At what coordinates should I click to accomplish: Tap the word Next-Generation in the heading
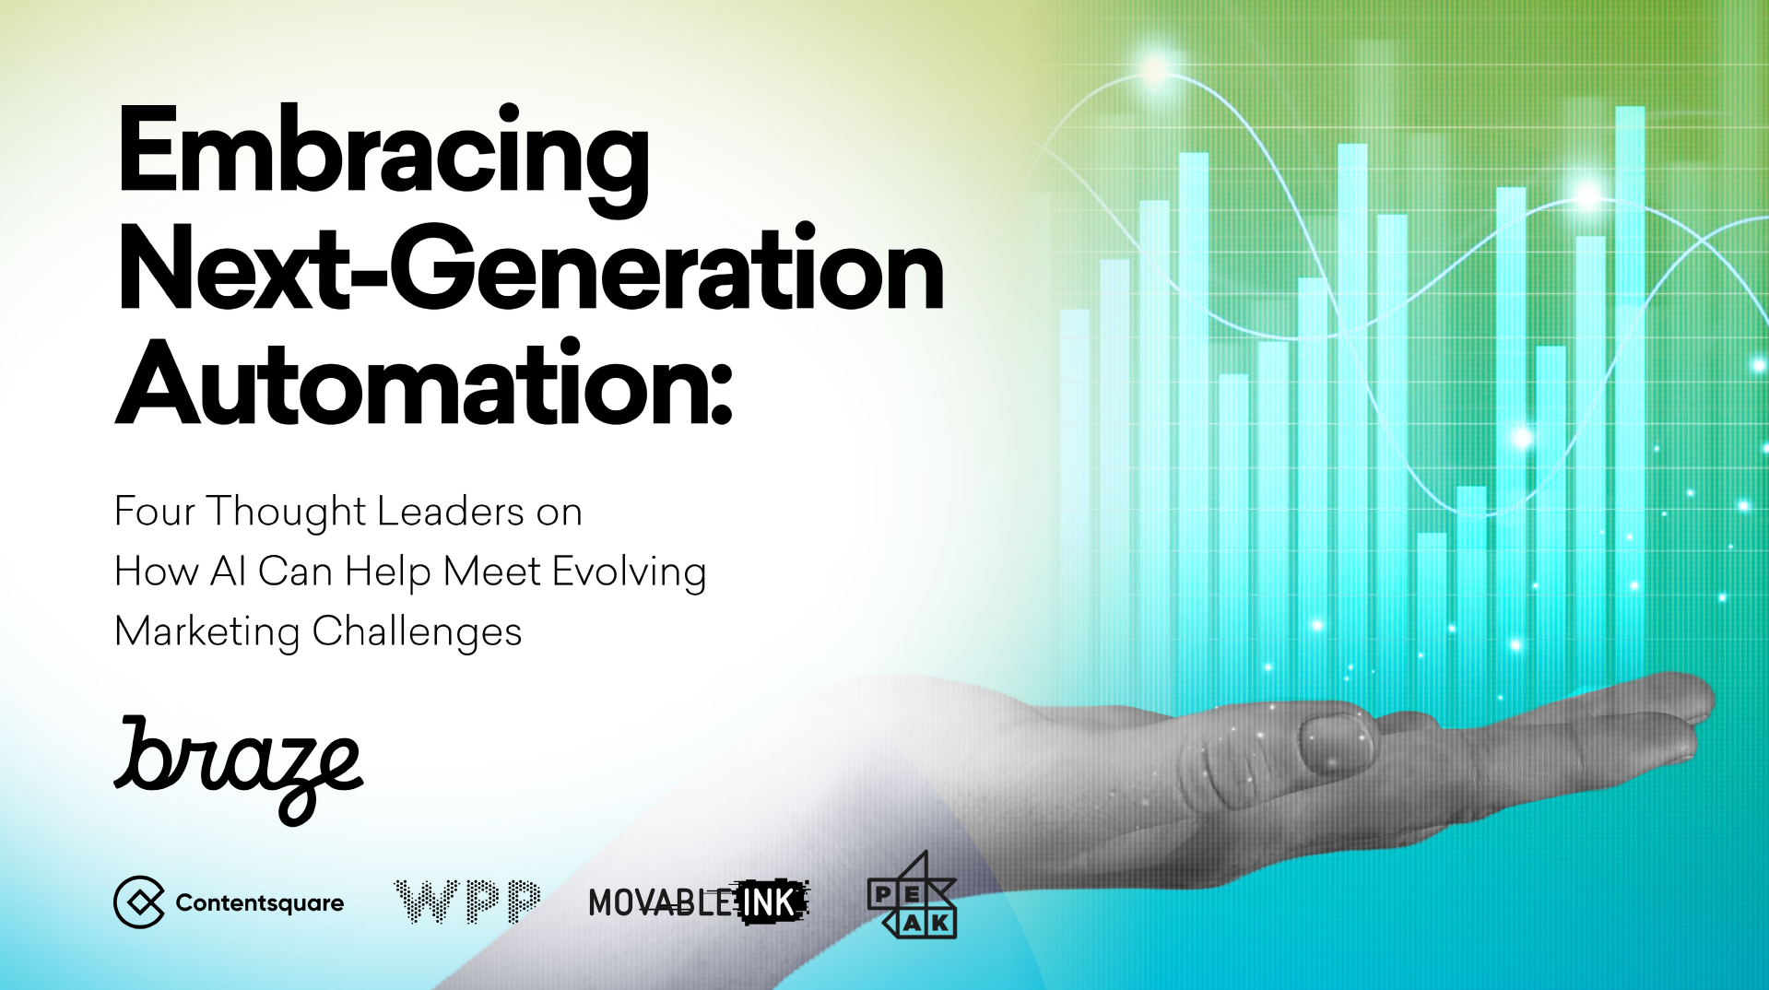[x=531, y=267]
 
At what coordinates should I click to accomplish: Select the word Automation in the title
[x=411, y=383]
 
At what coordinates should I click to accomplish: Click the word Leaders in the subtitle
[x=451, y=512]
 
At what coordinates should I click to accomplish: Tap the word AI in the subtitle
[x=228, y=572]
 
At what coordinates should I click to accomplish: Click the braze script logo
[x=239, y=770]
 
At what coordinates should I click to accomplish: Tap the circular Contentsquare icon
[x=139, y=902]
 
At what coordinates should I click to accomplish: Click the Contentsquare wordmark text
[x=260, y=903]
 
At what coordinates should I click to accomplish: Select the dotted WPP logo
[x=467, y=901]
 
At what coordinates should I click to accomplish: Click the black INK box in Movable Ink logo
[x=772, y=902]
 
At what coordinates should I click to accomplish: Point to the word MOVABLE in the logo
[x=661, y=903]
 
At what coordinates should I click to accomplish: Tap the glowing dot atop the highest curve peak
[x=1154, y=69]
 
